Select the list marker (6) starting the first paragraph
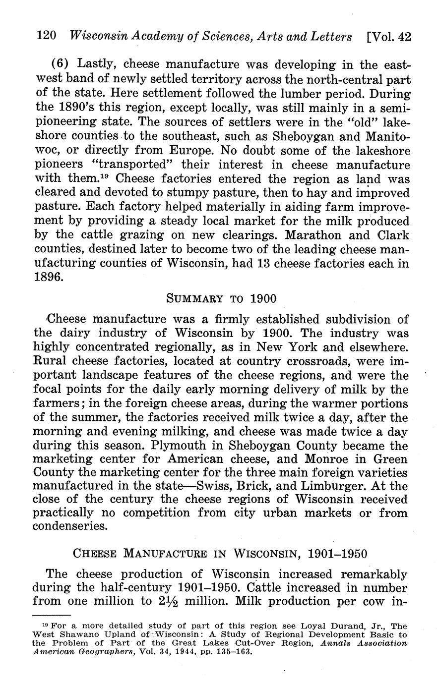(62, 64)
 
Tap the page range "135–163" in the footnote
(235, 652)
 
